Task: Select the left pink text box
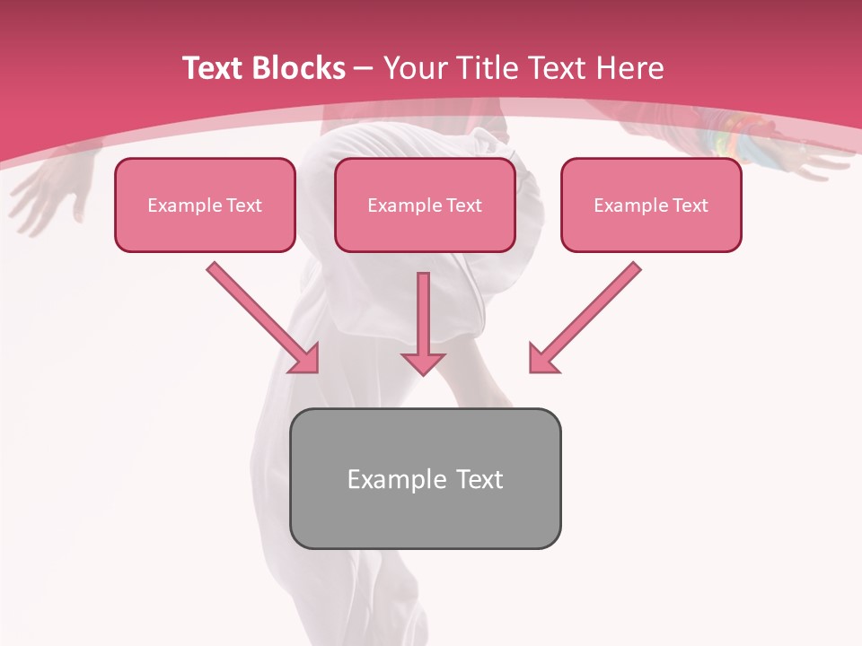(205, 205)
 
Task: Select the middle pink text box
(425, 205)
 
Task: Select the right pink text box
(651, 205)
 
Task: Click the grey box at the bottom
(425, 478)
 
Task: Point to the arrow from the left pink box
(260, 315)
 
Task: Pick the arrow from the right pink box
(588, 315)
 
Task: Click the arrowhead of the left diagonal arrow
(305, 360)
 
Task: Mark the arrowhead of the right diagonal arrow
(542, 360)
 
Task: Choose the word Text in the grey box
(479, 479)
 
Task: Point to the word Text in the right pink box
(689, 205)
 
